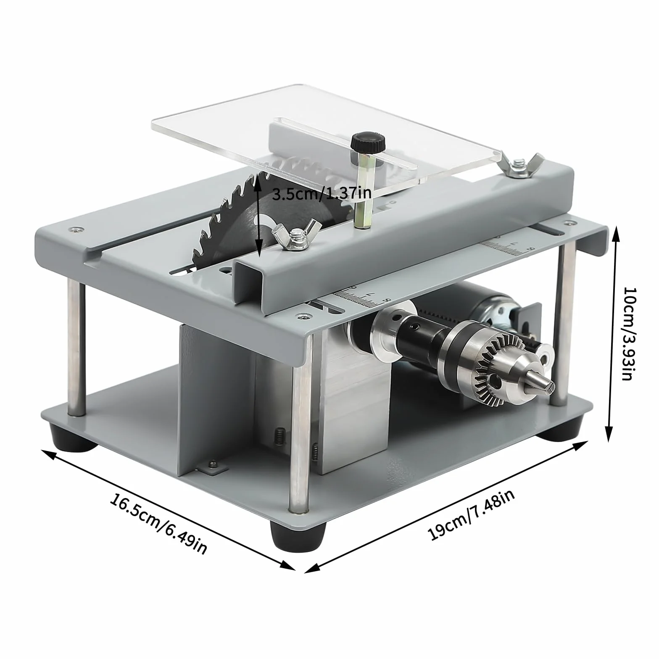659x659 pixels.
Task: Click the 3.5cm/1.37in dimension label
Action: click(x=322, y=194)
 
